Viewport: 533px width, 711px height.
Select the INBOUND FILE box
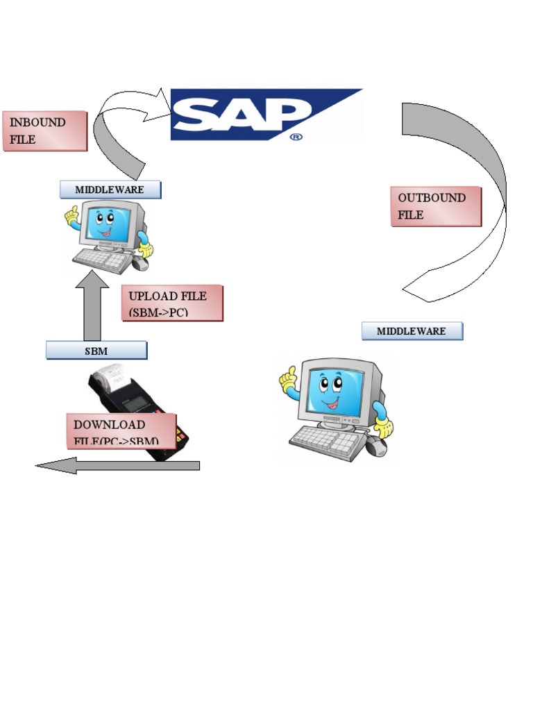[x=45, y=131]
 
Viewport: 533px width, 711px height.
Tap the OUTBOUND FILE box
[x=435, y=206]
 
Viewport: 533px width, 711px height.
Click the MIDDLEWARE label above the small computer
[x=110, y=190]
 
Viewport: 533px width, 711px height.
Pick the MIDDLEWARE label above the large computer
[x=412, y=331]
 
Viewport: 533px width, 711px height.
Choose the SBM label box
[x=96, y=351]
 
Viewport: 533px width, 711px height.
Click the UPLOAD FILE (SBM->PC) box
[x=171, y=303]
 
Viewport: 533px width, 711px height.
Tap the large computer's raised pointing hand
[x=288, y=379]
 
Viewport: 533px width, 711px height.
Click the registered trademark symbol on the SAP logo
[x=296, y=137]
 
